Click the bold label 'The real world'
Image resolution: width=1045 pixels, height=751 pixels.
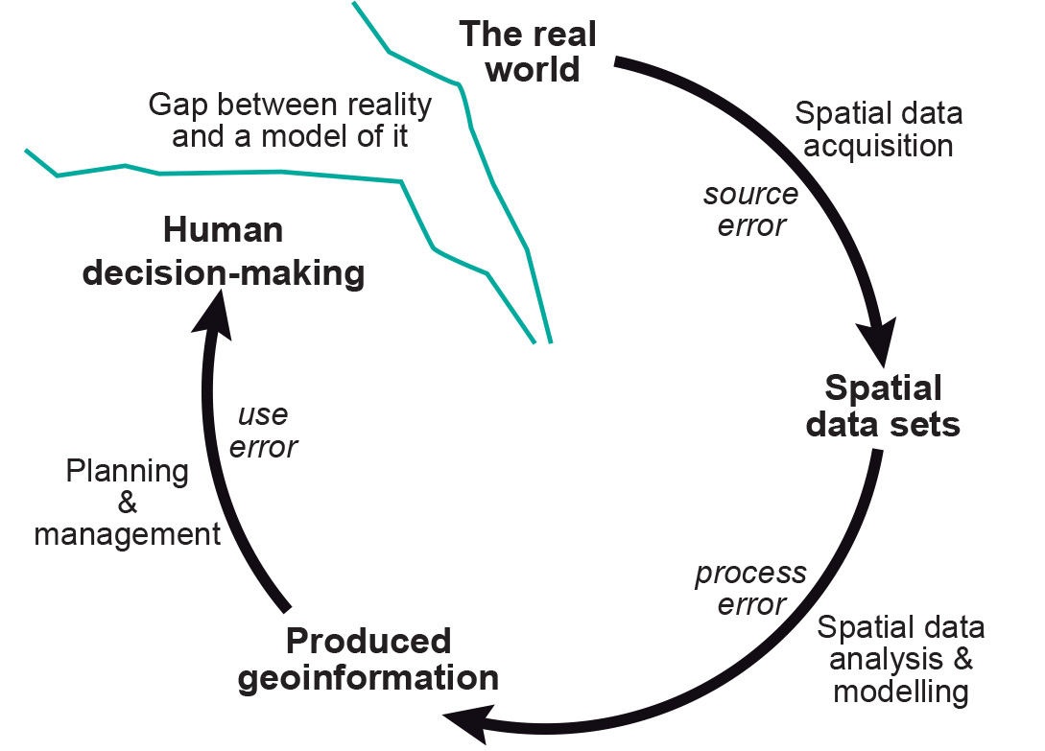[529, 52]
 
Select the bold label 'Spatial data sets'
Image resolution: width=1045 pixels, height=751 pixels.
[883, 406]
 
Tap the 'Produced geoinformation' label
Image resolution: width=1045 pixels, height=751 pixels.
[368, 659]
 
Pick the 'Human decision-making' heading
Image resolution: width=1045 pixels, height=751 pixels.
[224, 252]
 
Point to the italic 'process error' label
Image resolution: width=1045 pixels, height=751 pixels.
[750, 589]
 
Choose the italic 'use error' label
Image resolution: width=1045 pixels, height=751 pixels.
[264, 431]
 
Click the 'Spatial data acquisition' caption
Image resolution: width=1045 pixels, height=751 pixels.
[878, 129]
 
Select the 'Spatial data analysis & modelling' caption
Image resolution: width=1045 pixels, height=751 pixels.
[900, 660]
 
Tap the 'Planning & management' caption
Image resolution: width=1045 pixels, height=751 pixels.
[128, 503]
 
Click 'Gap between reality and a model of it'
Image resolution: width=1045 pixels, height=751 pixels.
[290, 120]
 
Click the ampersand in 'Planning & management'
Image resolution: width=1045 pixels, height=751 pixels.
[127, 504]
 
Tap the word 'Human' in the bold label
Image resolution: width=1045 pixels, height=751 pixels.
[224, 231]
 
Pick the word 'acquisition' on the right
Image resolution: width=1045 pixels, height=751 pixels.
[878, 146]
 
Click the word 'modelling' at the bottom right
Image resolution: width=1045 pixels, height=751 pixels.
[900, 691]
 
